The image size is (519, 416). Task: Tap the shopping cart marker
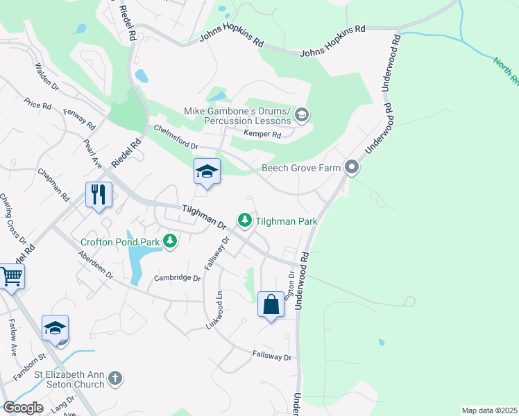tap(10, 277)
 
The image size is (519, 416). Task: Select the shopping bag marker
tap(271, 304)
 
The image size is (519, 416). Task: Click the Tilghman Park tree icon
tap(244, 220)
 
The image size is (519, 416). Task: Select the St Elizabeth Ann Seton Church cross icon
tap(115, 379)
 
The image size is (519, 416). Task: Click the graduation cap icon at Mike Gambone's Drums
tap(301, 114)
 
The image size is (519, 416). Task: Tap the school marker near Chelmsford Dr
tap(207, 171)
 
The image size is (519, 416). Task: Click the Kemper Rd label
tap(262, 135)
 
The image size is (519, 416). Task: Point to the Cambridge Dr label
tap(177, 278)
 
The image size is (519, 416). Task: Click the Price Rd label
tap(37, 105)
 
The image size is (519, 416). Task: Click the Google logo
tap(23, 408)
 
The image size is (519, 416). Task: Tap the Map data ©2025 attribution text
tap(488, 410)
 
